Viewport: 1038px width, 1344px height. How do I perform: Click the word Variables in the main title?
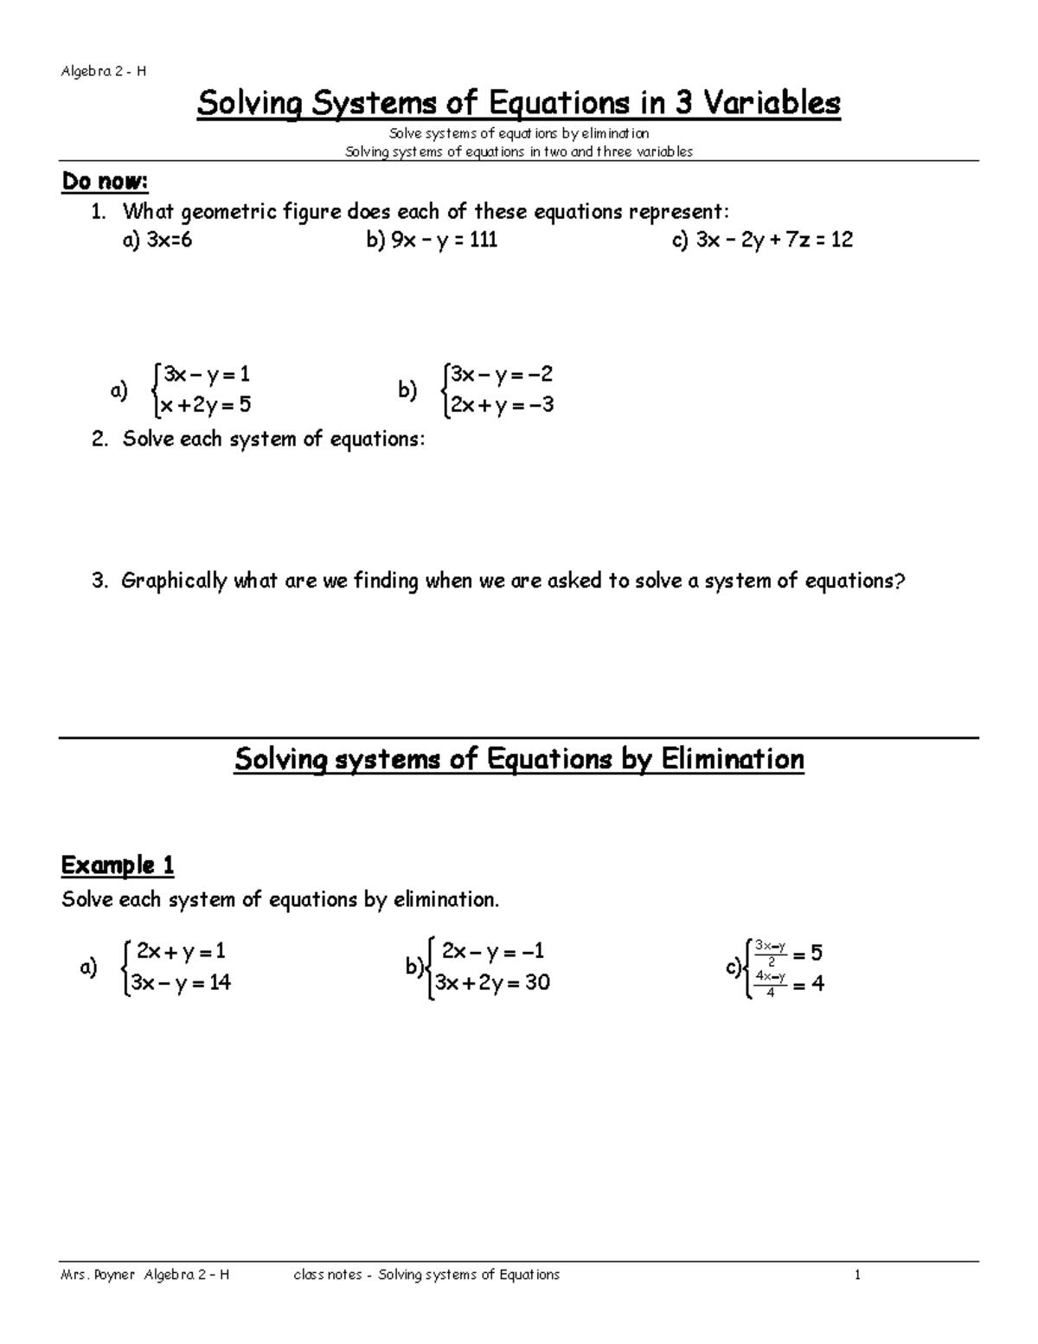point(770,104)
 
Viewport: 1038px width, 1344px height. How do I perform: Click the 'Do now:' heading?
point(105,183)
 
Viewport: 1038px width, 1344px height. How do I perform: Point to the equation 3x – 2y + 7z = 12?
point(762,240)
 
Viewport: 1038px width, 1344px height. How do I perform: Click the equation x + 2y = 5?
point(205,405)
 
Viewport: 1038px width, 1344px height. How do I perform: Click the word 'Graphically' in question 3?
point(173,581)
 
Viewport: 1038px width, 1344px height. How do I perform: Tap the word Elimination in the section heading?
point(733,760)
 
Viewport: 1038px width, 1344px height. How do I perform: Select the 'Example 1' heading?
point(118,865)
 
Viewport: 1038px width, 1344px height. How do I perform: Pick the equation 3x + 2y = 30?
point(492,983)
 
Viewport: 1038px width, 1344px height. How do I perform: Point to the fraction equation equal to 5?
point(786,952)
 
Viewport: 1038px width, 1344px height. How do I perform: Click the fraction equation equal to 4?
point(787,983)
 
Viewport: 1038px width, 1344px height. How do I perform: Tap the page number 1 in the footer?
point(857,1275)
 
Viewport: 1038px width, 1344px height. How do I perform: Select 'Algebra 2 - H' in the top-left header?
point(103,72)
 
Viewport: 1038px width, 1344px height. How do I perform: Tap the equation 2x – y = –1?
point(492,952)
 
